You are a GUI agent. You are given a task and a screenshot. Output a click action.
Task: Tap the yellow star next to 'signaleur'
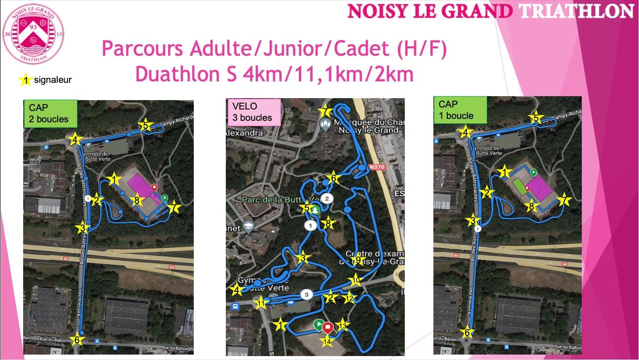coord(25,80)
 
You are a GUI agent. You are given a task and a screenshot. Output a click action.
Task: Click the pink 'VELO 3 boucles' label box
coord(252,111)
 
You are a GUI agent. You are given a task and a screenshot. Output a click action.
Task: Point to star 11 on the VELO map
coord(261,302)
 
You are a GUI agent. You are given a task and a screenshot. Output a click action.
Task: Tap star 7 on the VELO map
coord(324,112)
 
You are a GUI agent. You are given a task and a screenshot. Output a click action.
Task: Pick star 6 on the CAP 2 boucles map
coord(76,340)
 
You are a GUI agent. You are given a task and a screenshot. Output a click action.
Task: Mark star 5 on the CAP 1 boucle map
coord(536,118)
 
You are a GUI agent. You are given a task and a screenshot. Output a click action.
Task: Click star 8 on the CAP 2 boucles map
coord(138,200)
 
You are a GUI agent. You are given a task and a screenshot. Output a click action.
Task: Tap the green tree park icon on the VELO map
coord(317,210)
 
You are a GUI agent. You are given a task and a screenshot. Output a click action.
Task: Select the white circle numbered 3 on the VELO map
coord(307,294)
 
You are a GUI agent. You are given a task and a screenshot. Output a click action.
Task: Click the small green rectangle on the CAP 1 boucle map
coord(519,187)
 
